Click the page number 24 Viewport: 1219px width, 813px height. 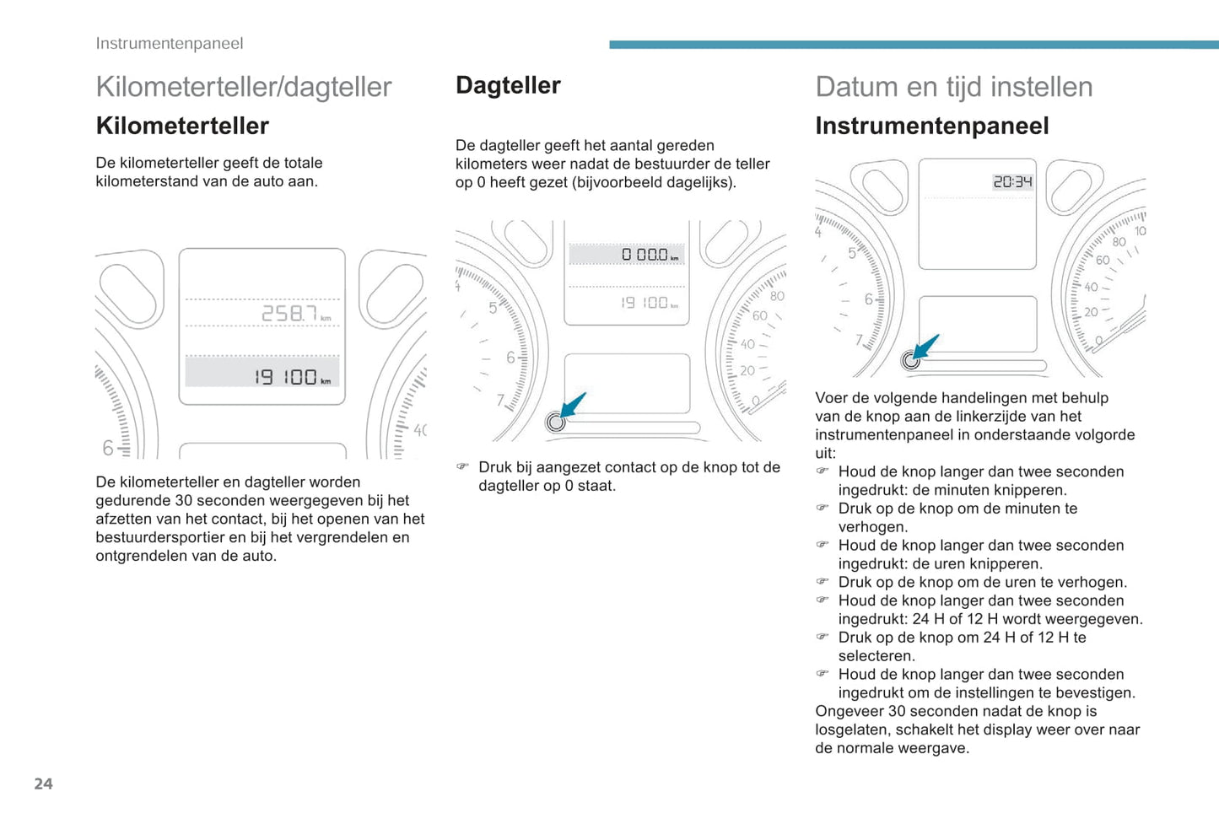(43, 784)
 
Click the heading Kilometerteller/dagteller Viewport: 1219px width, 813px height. (244, 87)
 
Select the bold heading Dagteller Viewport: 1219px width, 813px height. (508, 85)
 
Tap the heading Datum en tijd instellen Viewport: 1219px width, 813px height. (953, 87)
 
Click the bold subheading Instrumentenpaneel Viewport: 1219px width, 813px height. (931, 127)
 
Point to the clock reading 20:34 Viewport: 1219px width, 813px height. (1012, 181)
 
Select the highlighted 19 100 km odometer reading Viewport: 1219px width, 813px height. (291, 376)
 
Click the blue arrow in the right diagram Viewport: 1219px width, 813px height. (926, 346)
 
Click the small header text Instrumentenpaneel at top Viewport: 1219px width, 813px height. (169, 44)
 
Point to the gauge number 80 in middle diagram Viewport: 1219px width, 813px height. (776, 296)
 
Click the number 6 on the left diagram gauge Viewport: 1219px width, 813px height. (107, 448)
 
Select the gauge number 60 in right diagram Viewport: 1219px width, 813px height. (1102, 260)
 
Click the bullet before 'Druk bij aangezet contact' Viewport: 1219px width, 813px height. (462, 467)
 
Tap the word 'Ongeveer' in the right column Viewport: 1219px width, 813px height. (849, 711)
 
